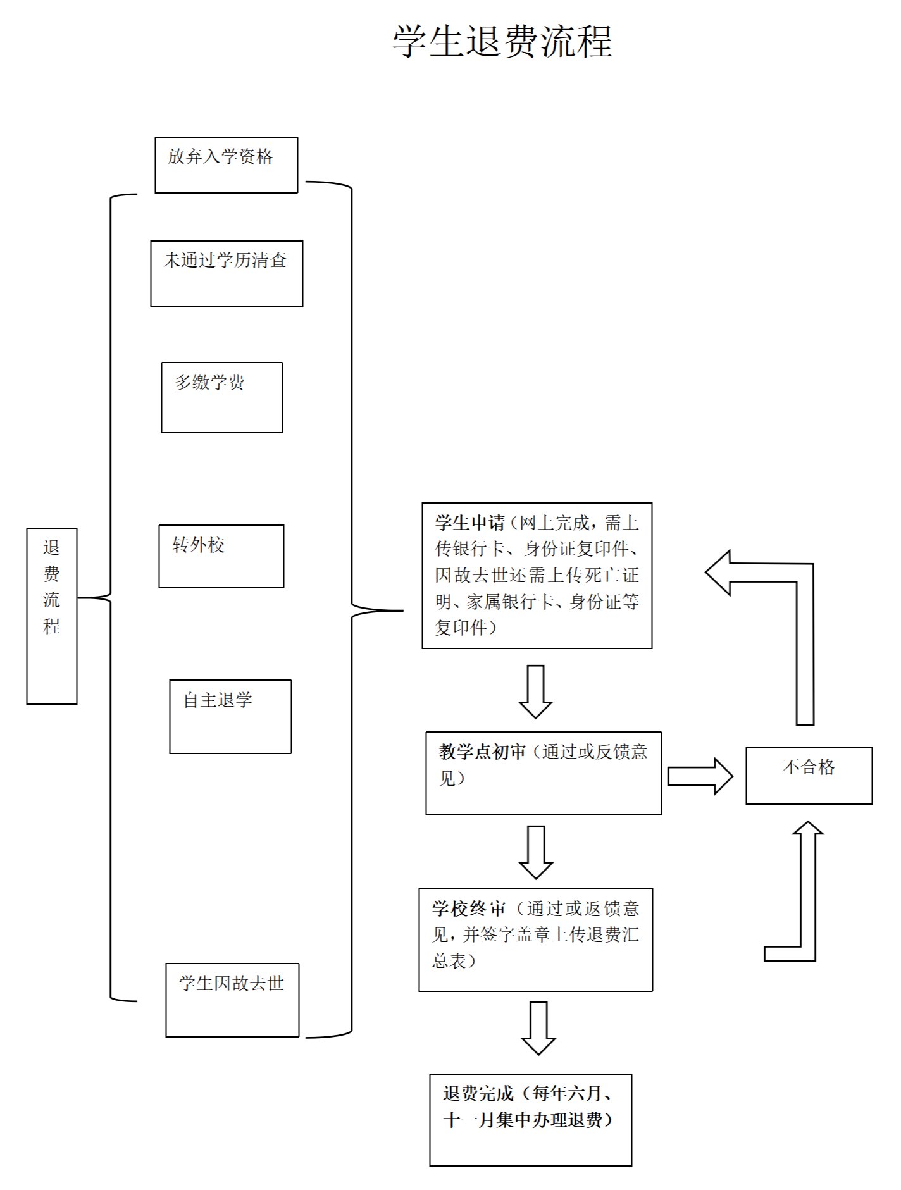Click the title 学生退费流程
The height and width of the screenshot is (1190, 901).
pyautogui.click(x=502, y=42)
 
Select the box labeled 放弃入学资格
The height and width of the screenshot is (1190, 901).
pyautogui.click(x=226, y=164)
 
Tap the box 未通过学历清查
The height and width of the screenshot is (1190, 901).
pyautogui.click(x=227, y=273)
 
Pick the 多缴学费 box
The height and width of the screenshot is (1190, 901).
pyautogui.click(x=221, y=397)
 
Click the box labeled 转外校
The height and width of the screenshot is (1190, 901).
pyautogui.click(x=221, y=556)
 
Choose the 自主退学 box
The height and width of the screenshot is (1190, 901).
pyautogui.click(x=230, y=716)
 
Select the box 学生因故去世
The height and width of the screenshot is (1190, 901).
pyautogui.click(x=232, y=1000)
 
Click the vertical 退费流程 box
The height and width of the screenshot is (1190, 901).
pyautogui.click(x=52, y=616)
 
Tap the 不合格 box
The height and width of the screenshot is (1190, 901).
pyautogui.click(x=809, y=775)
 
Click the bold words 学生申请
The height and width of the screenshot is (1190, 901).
pyautogui.click(x=469, y=523)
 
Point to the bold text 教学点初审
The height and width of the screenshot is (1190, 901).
pyautogui.click(x=482, y=752)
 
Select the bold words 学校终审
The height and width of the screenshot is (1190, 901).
pyautogui.click(x=469, y=908)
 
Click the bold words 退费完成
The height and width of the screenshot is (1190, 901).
pyautogui.click(x=478, y=1093)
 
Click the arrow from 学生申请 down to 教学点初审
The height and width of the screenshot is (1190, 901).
pyautogui.click(x=535, y=690)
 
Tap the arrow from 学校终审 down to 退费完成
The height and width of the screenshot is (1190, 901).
pyautogui.click(x=538, y=1027)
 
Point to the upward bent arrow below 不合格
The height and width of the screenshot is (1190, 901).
pyautogui.click(x=807, y=898)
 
